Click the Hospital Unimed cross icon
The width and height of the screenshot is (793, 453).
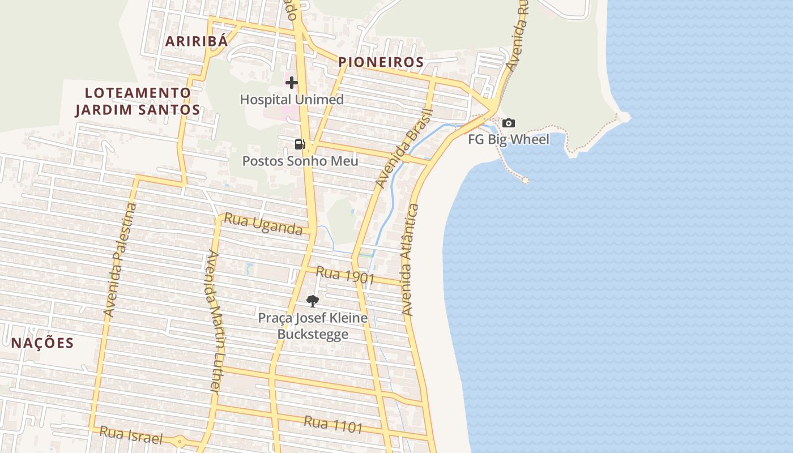[x=291, y=83]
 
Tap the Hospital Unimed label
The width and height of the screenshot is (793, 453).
[x=292, y=100]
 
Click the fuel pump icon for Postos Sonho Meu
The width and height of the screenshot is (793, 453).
[x=300, y=144]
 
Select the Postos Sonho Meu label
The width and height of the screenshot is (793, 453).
[x=300, y=161]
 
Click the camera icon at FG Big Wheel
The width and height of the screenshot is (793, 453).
[x=509, y=123]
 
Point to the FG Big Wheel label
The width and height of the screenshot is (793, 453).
[x=509, y=139]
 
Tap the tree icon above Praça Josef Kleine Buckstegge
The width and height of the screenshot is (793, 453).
[x=312, y=301]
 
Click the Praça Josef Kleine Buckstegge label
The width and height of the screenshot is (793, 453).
[x=313, y=326]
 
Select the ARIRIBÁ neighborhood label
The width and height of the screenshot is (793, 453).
[x=197, y=41]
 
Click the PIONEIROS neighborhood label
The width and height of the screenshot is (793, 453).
[x=381, y=62]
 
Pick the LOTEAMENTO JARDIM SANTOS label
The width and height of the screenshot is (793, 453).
[x=138, y=101]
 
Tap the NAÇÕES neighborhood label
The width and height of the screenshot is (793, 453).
[x=42, y=343]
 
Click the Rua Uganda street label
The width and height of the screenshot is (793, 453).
[x=263, y=224]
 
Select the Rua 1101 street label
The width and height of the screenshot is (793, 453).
[x=333, y=424]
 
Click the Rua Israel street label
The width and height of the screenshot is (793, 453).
[x=131, y=435]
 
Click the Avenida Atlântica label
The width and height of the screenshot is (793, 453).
[x=410, y=259]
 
